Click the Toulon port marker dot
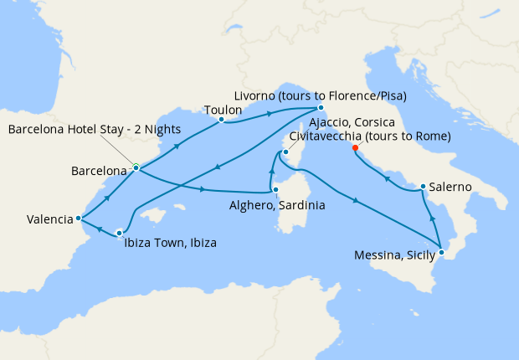pos(221,120)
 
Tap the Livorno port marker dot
pos(321,107)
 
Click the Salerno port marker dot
pos(424,187)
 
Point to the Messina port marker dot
pos(442,252)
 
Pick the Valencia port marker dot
pos(78,219)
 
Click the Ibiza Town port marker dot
pos(120,233)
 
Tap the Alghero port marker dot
pos(275,190)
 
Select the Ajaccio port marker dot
pos(285,152)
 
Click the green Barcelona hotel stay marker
pos(135,166)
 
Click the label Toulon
pos(223,109)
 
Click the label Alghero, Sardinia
pos(277,204)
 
